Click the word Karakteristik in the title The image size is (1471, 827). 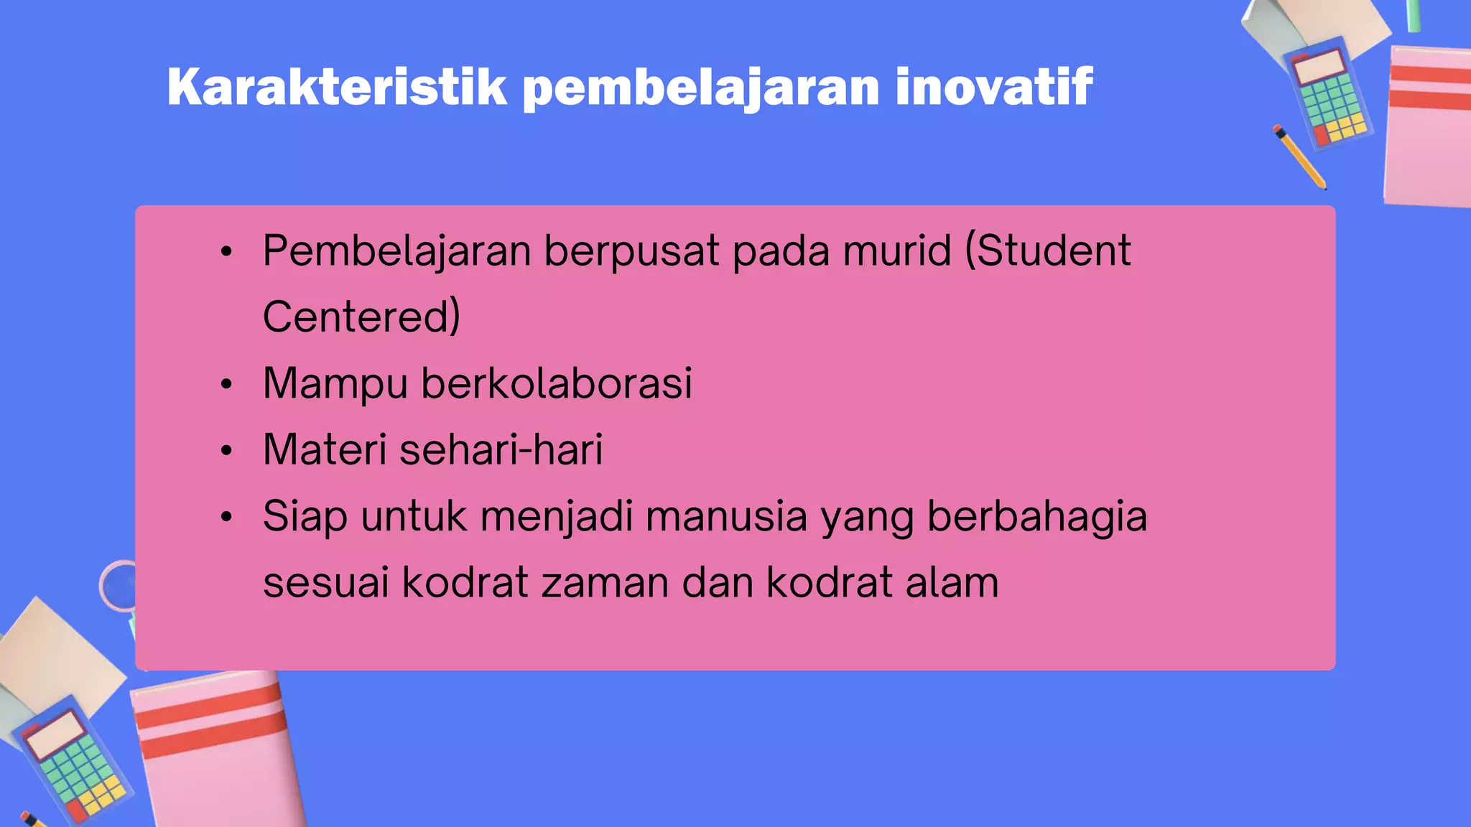[x=337, y=87]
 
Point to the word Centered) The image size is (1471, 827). [x=361, y=317]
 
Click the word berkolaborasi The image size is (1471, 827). [x=557, y=383]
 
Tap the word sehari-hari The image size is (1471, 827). [x=501, y=449]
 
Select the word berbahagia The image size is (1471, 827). [x=1037, y=516]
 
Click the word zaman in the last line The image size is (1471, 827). [x=604, y=582]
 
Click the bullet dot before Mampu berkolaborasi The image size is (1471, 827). [x=227, y=385]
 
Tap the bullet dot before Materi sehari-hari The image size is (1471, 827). [x=227, y=452]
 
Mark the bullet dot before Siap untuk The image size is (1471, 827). [x=227, y=518]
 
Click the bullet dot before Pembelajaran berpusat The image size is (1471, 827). [x=227, y=252]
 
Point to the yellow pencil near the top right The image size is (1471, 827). [x=1300, y=157]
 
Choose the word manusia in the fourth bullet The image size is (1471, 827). [x=726, y=516]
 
